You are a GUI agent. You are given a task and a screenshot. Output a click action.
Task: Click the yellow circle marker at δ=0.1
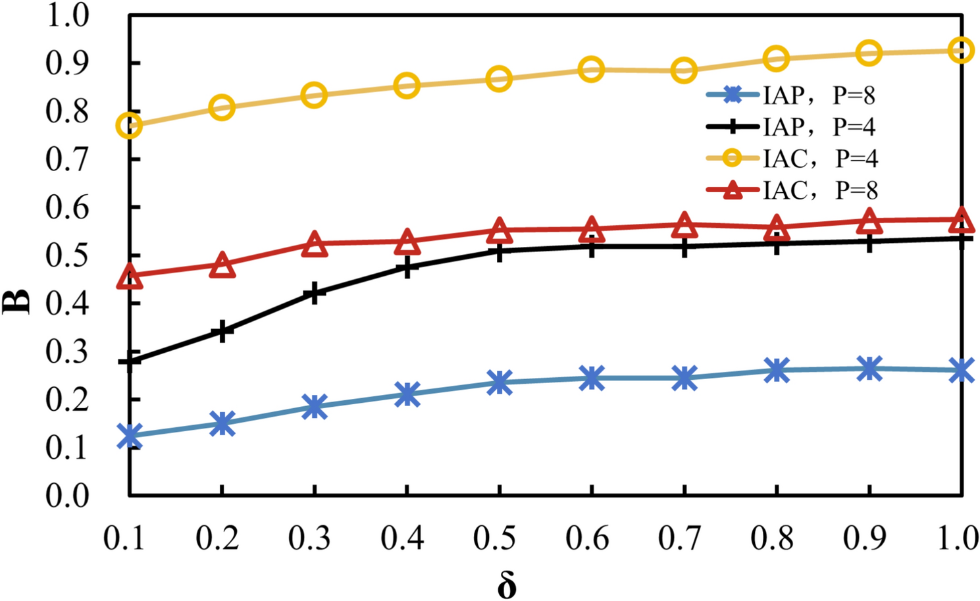coord(130,125)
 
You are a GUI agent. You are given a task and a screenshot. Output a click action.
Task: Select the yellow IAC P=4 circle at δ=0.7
coord(684,70)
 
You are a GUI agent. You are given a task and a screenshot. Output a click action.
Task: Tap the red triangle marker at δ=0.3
coord(315,244)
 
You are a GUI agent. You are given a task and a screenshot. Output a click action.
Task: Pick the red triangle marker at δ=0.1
coord(130,276)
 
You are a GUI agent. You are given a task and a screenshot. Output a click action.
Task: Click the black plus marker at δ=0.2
coord(222,331)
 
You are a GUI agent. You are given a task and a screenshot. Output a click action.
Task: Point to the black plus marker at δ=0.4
coord(407,267)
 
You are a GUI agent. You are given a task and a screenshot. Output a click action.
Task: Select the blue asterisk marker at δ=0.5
coord(500,382)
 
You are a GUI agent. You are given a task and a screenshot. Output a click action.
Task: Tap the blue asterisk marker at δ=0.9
coord(869,369)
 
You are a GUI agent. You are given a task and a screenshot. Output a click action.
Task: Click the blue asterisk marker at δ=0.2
coord(222,423)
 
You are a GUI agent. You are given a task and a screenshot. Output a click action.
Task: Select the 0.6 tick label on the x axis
coord(587,538)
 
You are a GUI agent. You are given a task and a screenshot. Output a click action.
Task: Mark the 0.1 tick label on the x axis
coord(124,538)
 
